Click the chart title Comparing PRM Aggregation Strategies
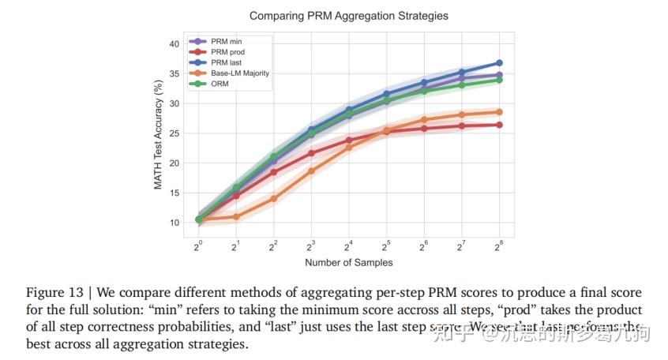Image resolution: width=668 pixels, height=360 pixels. pyautogui.click(x=349, y=15)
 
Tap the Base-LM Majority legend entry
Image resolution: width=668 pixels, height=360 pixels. pyautogui.click(x=238, y=73)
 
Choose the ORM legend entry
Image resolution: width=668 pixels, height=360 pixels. pyautogui.click(x=220, y=83)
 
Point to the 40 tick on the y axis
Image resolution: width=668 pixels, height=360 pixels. pyautogui.click(x=175, y=44)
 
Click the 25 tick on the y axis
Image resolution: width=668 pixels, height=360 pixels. pyautogui.click(x=175, y=133)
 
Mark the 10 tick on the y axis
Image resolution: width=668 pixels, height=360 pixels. pyautogui.click(x=175, y=223)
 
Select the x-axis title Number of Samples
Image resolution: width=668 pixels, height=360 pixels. pyautogui.click(x=348, y=262)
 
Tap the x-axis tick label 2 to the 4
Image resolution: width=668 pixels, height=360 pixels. pyautogui.click(x=348, y=246)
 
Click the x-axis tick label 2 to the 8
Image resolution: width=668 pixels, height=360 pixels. pyautogui.click(x=498, y=246)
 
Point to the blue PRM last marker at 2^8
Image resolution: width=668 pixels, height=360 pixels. pyautogui.click(x=499, y=63)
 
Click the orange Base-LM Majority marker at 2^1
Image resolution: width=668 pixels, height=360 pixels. pyautogui.click(x=236, y=216)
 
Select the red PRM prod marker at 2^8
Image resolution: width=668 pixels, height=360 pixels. pyautogui.click(x=499, y=125)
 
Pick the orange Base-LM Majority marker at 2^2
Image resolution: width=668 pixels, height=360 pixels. pyautogui.click(x=273, y=199)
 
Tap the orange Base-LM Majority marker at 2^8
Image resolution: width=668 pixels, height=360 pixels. pyautogui.click(x=499, y=112)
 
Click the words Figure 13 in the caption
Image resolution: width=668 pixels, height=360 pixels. pyautogui.click(x=52, y=293)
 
